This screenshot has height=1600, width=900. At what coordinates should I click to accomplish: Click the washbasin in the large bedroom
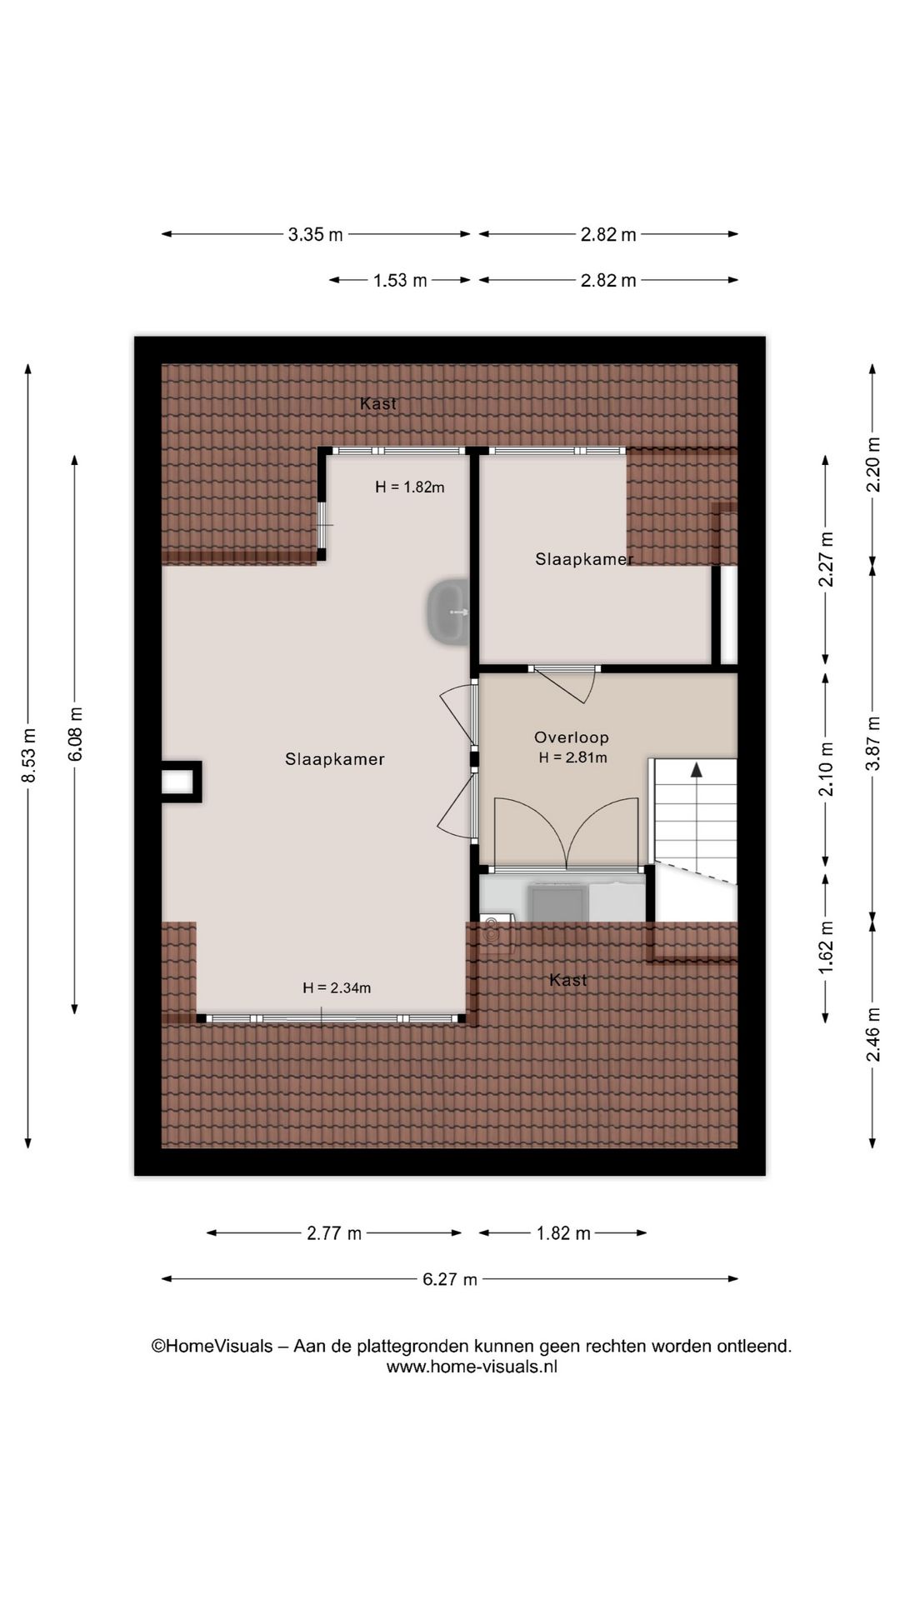tap(449, 612)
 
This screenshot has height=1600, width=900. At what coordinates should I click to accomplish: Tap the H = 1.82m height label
tap(409, 487)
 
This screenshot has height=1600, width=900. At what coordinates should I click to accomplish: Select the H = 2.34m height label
tap(337, 987)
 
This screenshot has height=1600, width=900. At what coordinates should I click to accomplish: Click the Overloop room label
tap(572, 737)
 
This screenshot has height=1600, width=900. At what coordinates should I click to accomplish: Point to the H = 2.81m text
tap(572, 757)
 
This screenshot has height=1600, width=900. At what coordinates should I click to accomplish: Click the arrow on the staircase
tap(696, 770)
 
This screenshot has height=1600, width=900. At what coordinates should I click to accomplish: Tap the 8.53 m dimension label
tap(28, 756)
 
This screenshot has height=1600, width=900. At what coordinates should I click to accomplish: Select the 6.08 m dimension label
tap(75, 734)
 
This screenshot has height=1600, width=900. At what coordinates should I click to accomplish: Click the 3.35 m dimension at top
tap(315, 234)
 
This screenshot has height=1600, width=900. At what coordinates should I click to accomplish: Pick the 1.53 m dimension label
tap(400, 280)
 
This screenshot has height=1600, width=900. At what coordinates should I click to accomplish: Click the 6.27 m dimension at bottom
tap(449, 1279)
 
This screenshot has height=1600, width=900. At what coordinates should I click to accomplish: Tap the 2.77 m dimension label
tap(334, 1233)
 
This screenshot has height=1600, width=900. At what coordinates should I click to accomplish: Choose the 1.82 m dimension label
tap(563, 1233)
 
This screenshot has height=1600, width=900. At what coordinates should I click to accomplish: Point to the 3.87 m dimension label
tap(872, 743)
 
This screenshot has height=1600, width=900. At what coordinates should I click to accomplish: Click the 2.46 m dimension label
tap(872, 1034)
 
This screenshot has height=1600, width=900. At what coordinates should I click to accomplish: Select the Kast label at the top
tap(377, 403)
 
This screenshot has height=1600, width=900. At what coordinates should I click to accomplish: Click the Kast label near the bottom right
tap(568, 980)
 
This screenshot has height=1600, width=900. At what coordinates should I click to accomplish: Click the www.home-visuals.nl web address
tap(472, 1367)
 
